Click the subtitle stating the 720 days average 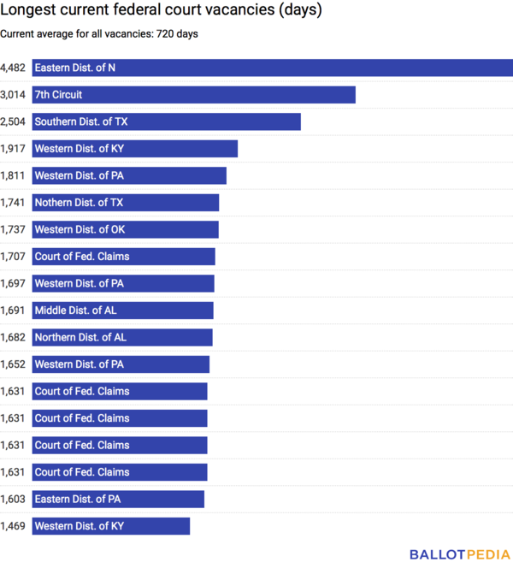tap(99, 34)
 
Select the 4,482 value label tap(14, 68)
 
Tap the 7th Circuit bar tap(193, 94)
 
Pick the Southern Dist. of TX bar tap(166, 121)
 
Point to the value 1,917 tap(14, 149)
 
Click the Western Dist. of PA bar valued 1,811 tap(129, 175)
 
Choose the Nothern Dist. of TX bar tap(126, 203)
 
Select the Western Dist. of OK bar tap(125, 229)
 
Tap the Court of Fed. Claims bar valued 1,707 tap(123, 257)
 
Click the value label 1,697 tap(14, 283)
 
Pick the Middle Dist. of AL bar tap(122, 311)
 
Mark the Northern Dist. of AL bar tap(122, 337)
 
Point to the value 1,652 tap(14, 364)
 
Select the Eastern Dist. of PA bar tap(118, 499)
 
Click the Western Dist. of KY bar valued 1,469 tap(111, 526)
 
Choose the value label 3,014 tap(14, 94)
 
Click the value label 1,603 tap(14, 499)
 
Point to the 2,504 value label tap(14, 121)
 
